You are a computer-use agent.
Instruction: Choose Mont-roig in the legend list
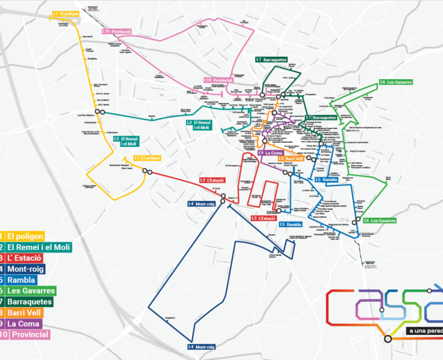[27, 269]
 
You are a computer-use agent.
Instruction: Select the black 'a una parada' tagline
[424, 331]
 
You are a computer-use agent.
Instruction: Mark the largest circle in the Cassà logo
[388, 339]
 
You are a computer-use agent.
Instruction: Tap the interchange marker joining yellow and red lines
[146, 172]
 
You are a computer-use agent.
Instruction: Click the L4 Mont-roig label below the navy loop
[201, 347]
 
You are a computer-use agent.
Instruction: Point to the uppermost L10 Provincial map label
[116, 31]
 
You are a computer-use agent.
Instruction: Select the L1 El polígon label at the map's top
[65, 13]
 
